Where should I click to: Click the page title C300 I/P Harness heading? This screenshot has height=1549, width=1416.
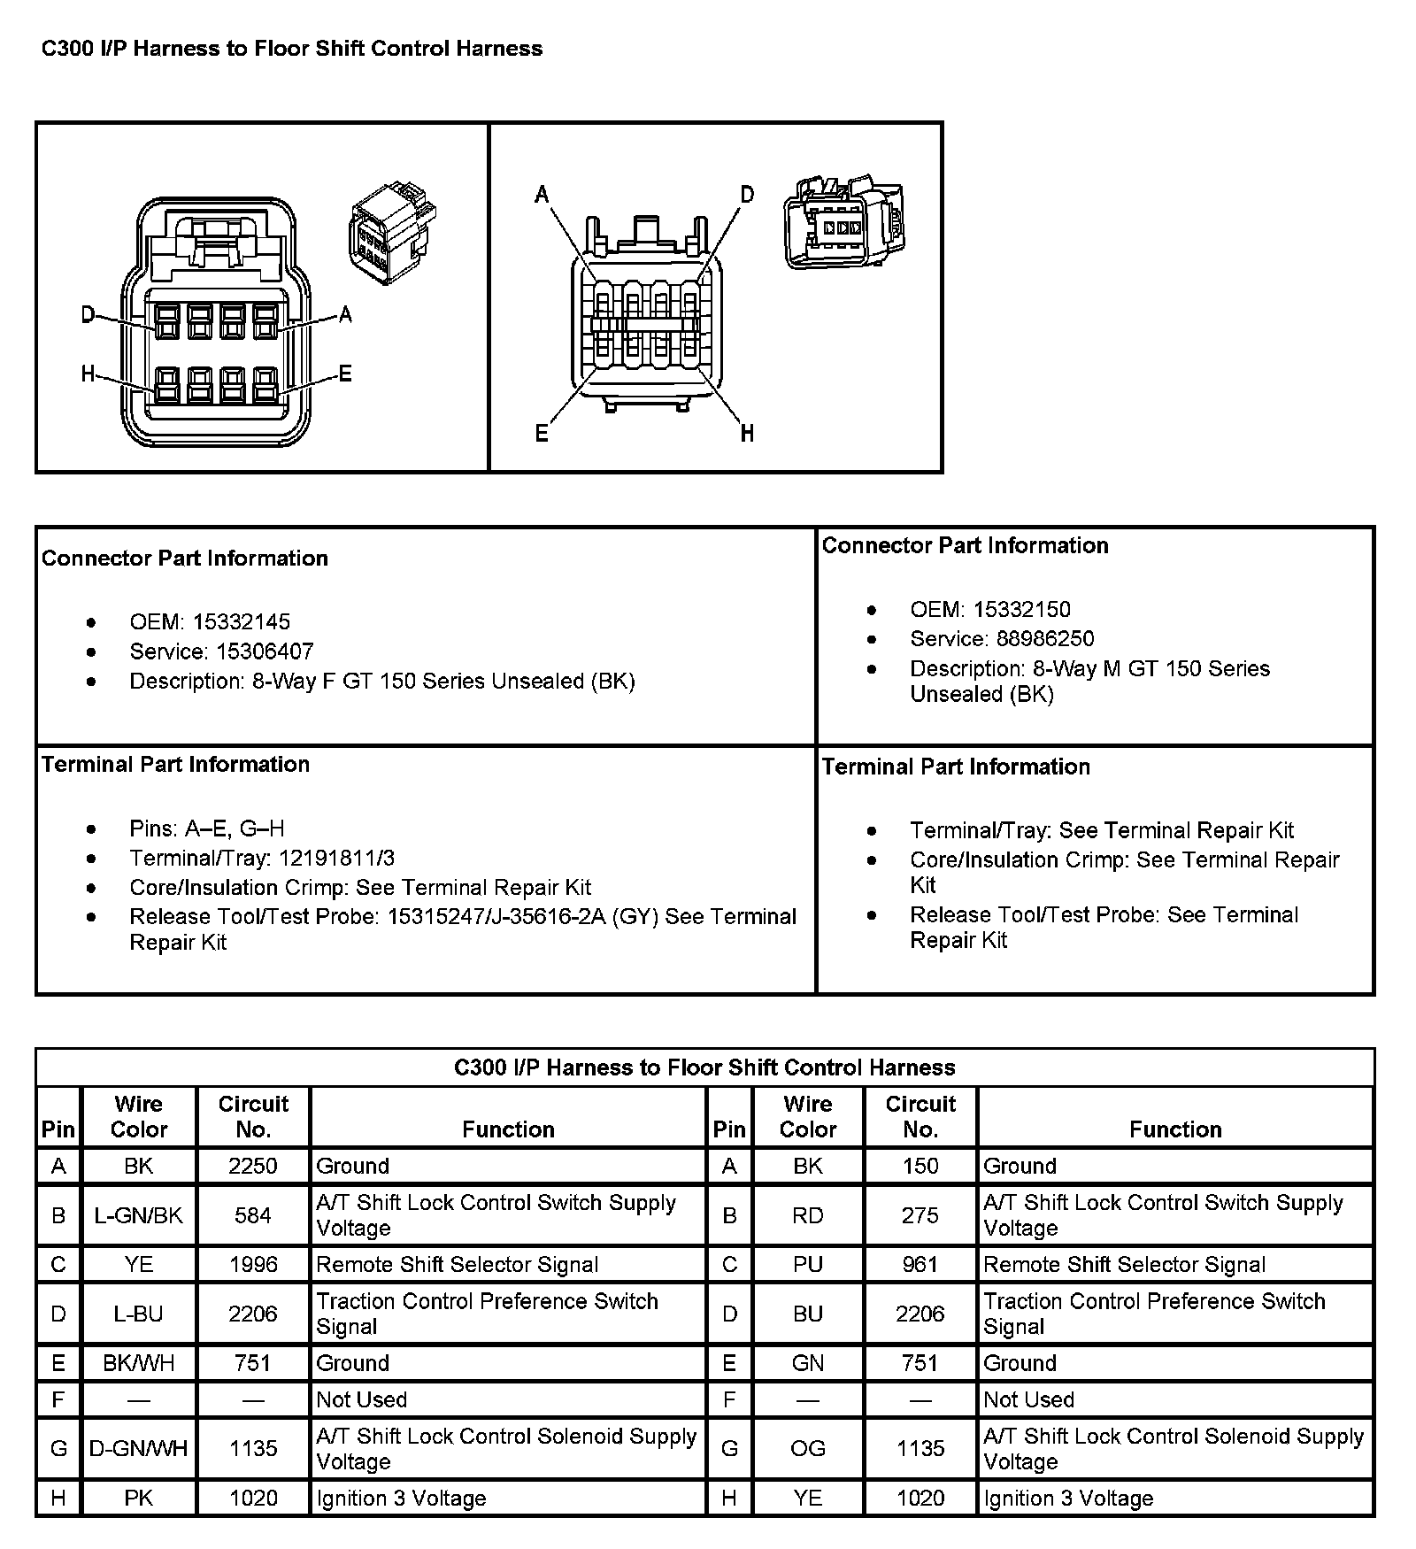click(292, 48)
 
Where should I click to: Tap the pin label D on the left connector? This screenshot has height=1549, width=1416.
click(88, 314)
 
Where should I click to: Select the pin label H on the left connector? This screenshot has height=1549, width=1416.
click(88, 374)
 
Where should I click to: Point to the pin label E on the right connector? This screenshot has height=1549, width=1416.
click(542, 433)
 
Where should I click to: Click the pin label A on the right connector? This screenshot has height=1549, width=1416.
click(542, 194)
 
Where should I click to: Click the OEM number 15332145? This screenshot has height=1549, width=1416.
click(242, 621)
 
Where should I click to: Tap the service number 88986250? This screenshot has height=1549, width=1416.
click(1045, 638)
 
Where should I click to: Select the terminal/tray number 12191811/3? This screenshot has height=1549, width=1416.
click(336, 858)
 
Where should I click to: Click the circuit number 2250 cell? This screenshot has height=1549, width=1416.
click(253, 1166)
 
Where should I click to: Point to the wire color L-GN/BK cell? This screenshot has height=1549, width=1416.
click(139, 1215)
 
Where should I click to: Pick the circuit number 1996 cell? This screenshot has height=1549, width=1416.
click(253, 1264)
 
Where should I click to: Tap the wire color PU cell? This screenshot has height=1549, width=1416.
click(808, 1264)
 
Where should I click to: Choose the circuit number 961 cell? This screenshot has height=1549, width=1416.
click(920, 1264)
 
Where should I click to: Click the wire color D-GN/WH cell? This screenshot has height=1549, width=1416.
click(139, 1448)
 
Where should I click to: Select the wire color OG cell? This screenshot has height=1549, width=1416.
click(808, 1448)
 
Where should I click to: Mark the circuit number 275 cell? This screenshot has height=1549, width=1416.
click(920, 1215)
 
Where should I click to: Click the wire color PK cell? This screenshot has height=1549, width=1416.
click(139, 1498)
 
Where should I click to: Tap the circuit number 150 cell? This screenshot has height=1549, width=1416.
click(920, 1166)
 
